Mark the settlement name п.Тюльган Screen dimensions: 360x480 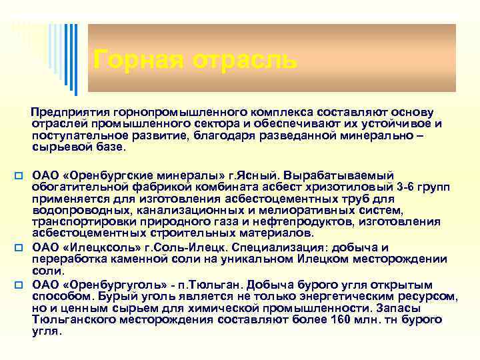coord(209,285)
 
